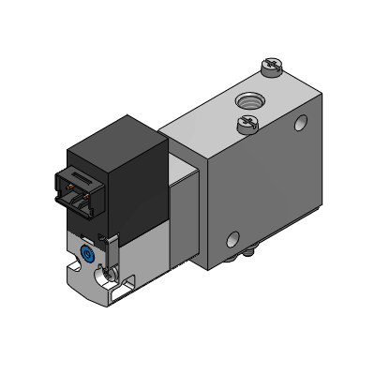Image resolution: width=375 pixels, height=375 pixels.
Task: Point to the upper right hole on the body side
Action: (x=299, y=123)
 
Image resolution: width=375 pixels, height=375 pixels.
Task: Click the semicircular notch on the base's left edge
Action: (x=71, y=272)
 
